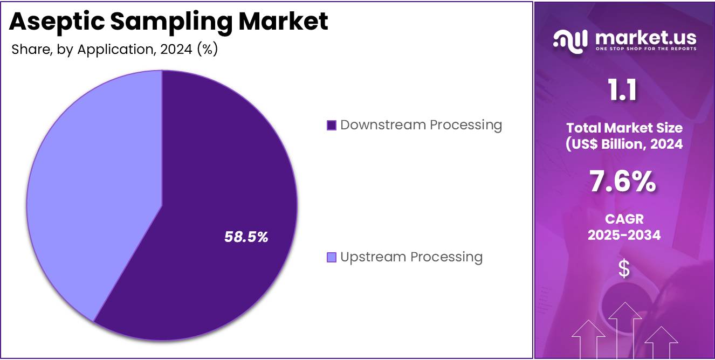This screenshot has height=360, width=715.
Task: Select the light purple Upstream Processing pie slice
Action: coord(86,189)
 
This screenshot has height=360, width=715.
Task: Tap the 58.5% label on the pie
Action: coord(246,237)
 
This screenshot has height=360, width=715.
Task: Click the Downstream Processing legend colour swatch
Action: coord(332,126)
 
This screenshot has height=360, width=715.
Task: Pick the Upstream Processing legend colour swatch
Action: coord(332,258)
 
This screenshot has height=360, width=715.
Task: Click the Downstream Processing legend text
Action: coord(421,125)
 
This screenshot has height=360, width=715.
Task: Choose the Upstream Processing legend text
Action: coord(411,257)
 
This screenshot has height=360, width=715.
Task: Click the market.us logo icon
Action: coord(570,41)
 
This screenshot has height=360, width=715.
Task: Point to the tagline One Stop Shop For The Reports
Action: coord(645,49)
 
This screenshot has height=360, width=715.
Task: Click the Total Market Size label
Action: coord(624,128)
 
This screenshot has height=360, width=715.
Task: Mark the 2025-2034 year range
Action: coord(624,235)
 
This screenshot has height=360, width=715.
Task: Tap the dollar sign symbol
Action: coord(624,268)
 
